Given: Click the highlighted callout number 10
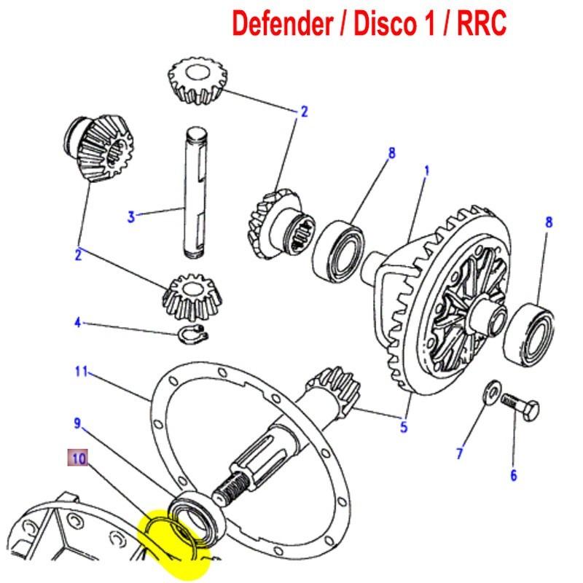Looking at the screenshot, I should [79, 458].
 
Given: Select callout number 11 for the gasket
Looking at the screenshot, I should [81, 372].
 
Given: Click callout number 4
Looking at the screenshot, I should [78, 321].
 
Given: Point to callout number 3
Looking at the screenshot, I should [131, 216].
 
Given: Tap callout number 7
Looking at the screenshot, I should [460, 454].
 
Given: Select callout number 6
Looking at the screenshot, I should [514, 476].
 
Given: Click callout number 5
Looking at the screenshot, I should [403, 427].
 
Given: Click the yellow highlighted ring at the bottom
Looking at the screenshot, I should [175, 543].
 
